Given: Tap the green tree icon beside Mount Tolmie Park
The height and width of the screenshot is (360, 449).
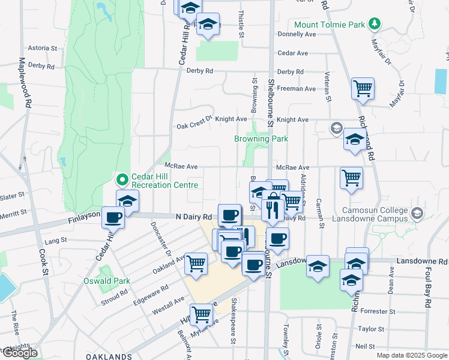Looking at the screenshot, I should coord(375,24).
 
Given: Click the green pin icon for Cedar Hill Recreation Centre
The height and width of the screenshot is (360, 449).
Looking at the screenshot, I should coord(122,179).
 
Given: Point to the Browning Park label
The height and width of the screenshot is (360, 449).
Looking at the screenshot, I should coord(261,139).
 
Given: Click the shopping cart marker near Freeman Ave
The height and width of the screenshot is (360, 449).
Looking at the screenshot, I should coord(363,89).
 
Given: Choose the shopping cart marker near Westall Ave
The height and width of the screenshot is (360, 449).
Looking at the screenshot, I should coord(196,263).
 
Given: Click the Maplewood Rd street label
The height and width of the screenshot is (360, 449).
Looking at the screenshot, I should coord(26,82).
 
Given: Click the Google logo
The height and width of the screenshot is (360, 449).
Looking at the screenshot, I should coord(20,353).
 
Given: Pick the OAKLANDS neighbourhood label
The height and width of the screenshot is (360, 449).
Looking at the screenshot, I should coord(109,356).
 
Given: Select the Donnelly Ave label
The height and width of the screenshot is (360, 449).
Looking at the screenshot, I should coord(297,35).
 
